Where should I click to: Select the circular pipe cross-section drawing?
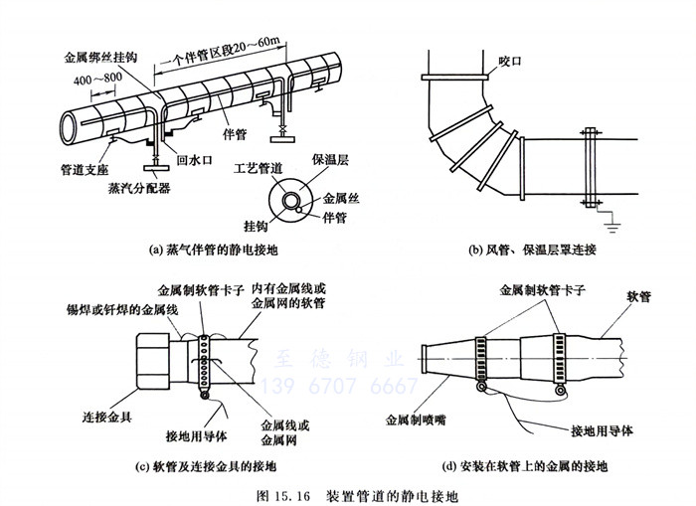coord(292,201)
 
